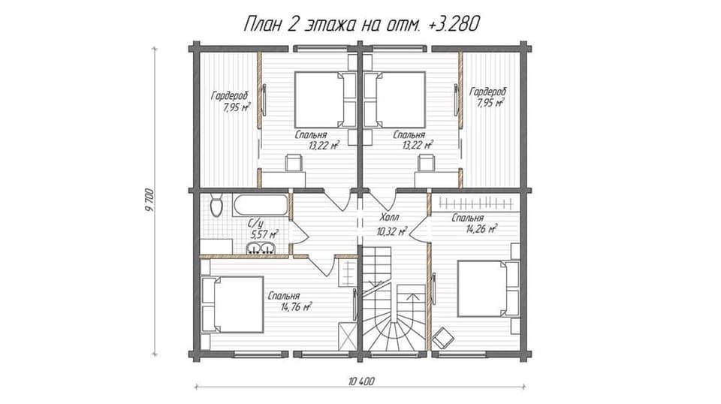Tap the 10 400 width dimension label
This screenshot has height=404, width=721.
(x=361, y=381)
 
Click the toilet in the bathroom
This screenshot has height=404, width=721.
(x=216, y=205)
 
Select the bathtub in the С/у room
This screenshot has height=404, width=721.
(x=261, y=204)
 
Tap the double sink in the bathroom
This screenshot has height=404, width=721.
(x=261, y=249)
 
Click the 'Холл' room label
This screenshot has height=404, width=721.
(x=390, y=217)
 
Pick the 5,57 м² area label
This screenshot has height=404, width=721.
(x=264, y=235)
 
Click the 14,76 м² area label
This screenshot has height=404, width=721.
(x=297, y=306)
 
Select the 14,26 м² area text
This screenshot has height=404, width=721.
(x=481, y=228)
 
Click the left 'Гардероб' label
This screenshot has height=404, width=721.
(x=230, y=96)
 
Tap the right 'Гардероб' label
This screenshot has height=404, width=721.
(x=488, y=92)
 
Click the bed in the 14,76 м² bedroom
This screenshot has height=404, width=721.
(x=233, y=304)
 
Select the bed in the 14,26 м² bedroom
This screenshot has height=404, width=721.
(x=488, y=288)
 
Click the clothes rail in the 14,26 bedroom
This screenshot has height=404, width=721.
(x=475, y=202)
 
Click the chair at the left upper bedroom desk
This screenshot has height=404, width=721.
(x=294, y=163)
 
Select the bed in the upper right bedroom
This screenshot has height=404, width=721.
(x=394, y=99)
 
